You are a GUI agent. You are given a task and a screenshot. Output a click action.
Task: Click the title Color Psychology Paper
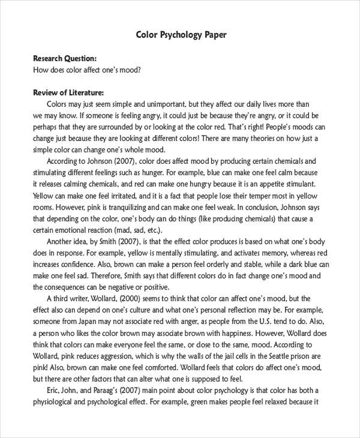[181, 35]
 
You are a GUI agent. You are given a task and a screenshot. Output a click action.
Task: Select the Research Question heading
[64, 59]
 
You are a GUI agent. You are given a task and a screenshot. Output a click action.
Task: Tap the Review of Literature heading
[68, 93]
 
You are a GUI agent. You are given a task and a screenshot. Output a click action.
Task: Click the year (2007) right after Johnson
[124, 161]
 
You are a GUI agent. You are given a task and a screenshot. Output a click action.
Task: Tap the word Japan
[90, 321]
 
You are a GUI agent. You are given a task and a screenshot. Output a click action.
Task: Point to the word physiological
[58, 401]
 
